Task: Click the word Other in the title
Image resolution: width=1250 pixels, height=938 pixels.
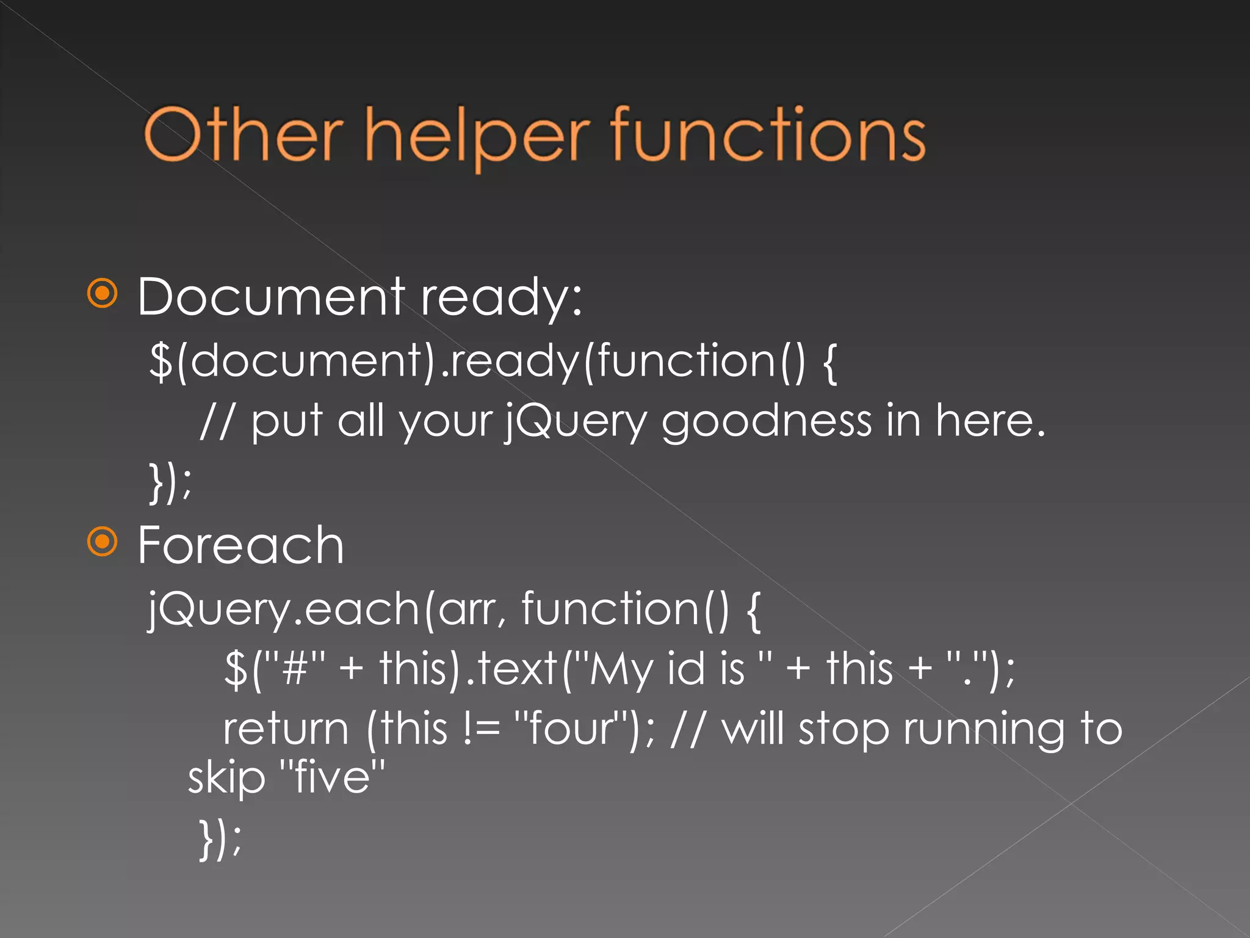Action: click(x=243, y=134)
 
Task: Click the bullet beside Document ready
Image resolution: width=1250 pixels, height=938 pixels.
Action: click(x=103, y=294)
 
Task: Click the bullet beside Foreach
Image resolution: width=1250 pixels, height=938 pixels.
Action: click(x=103, y=542)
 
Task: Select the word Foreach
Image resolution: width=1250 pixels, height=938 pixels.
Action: click(x=240, y=545)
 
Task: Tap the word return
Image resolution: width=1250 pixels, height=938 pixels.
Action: click(x=286, y=729)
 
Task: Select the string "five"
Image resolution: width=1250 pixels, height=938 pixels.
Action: click(x=332, y=777)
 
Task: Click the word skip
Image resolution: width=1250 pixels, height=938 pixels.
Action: click(x=226, y=778)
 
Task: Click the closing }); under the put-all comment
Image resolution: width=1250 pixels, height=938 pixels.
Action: click(x=170, y=482)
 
